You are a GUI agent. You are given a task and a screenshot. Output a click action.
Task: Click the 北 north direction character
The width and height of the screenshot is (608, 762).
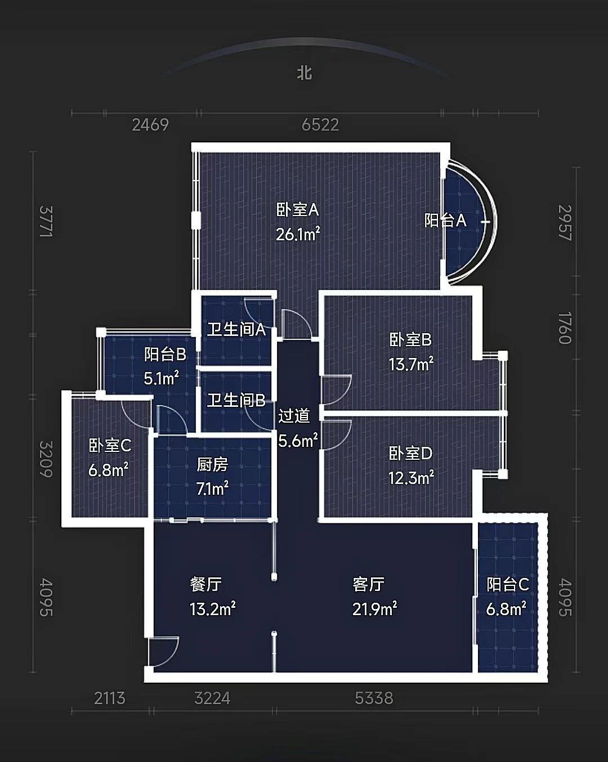point(305,73)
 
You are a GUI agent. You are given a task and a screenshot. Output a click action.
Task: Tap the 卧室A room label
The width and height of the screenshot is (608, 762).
point(298,209)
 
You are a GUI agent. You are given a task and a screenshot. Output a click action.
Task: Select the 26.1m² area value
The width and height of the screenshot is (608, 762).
point(298,234)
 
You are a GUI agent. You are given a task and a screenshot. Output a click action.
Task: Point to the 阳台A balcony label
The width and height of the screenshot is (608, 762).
point(445,220)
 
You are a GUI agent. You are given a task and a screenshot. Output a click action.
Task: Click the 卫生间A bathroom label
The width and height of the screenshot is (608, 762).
point(236,329)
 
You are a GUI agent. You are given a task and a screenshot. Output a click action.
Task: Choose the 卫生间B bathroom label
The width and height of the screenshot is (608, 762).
point(236,401)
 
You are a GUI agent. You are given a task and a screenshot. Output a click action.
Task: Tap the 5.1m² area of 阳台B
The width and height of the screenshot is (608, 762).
point(161,378)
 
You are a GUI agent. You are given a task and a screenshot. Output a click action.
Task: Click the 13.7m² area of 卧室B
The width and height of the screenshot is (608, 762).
point(411,364)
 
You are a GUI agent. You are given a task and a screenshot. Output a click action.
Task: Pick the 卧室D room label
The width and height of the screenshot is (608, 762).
point(410,453)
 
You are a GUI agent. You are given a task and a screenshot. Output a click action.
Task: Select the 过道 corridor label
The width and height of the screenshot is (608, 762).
point(294,415)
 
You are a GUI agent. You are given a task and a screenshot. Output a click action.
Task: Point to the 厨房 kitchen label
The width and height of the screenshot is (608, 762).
point(213,464)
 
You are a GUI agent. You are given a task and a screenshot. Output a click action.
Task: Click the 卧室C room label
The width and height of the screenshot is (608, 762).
point(110,445)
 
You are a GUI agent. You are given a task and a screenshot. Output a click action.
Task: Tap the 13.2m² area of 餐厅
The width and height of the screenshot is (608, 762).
point(213,609)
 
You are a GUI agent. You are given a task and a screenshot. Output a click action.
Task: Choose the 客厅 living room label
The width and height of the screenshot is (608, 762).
point(369,584)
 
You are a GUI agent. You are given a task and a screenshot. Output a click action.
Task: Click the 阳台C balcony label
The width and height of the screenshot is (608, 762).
point(508,584)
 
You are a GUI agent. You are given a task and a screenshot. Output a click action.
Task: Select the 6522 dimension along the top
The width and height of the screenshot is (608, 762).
point(320,124)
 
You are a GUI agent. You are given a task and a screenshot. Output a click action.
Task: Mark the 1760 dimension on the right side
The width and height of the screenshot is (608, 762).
point(565,328)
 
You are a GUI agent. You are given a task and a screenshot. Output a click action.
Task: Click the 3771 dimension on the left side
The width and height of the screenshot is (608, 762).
point(46,222)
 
